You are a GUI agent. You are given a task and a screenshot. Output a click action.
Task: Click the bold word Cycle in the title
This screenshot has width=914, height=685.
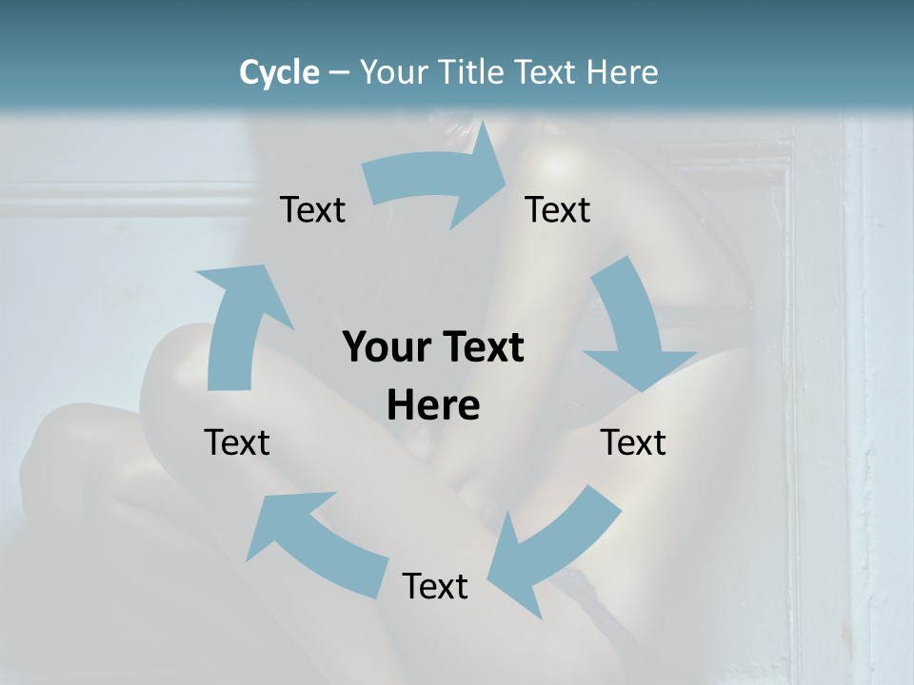tap(279, 72)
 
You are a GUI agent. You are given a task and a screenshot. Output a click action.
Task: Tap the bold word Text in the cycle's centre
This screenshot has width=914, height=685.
tap(480, 348)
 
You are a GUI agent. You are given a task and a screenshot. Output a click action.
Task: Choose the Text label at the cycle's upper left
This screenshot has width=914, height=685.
tap(312, 209)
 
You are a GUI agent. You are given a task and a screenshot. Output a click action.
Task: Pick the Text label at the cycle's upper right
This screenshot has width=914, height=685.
tap(558, 209)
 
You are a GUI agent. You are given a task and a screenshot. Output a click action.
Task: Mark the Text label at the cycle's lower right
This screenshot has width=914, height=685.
tap(633, 442)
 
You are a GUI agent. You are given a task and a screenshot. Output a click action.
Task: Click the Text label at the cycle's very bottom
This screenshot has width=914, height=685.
tap(435, 586)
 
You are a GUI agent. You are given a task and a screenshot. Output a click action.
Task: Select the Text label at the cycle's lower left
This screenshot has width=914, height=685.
tap(237, 442)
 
